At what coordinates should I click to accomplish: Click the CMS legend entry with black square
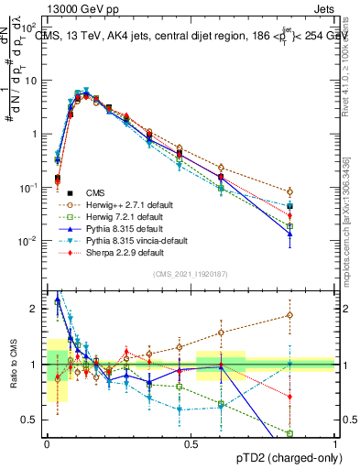coord(94,192)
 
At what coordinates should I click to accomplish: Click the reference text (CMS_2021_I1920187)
coord(190,274)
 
